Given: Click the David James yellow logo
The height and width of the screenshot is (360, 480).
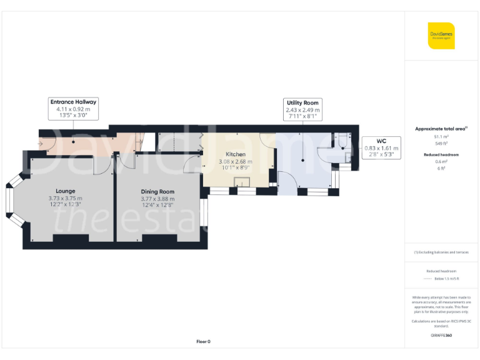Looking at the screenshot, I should pos(441,36).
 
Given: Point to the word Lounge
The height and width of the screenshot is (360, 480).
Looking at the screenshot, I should pos(66,191).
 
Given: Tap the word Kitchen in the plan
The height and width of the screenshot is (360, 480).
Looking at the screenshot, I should pos(236,154).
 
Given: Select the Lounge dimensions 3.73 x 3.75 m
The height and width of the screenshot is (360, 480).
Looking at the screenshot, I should pos(66,199).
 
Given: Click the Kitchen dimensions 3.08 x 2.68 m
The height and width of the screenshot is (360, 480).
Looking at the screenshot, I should pos(236,161).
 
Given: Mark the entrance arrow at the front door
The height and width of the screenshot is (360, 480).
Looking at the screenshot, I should pos(41,143).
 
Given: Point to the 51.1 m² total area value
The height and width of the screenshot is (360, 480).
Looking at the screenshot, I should pos(441,136).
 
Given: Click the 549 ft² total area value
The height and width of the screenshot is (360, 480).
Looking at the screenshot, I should pos(441,143).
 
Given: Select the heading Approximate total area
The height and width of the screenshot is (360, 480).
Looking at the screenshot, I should pos(441,129).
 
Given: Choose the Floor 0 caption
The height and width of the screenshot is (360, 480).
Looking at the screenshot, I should pos(203,341).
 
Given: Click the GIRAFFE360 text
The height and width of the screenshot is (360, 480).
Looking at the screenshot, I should pos(441,336).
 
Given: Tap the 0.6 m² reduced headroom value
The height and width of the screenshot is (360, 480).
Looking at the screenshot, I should pos(441,162).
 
